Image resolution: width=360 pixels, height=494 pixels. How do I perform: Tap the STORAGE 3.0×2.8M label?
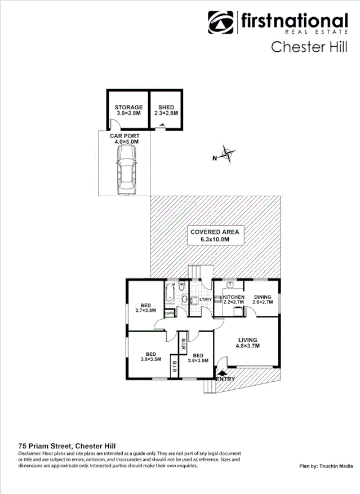point(128,110)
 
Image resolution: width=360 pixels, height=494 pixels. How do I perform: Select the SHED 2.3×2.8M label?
point(166,110)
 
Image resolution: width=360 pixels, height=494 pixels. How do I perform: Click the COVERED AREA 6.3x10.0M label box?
point(215,236)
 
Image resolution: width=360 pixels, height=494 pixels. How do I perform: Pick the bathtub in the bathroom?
point(170,294)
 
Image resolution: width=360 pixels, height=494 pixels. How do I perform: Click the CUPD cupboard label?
point(169,312)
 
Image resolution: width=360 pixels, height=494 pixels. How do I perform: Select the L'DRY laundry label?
point(205,299)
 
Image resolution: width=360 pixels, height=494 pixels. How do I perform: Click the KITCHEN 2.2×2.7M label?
point(233,299)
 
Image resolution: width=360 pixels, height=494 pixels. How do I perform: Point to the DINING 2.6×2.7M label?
point(263,299)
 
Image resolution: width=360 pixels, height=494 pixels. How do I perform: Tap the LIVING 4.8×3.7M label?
point(247,342)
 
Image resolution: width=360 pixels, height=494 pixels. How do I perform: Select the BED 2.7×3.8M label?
point(145,307)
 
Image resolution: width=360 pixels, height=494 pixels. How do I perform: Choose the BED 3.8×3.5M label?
point(150,356)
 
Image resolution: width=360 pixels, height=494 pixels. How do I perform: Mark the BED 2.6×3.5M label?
point(198,356)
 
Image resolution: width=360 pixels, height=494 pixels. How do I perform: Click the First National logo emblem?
point(221,23)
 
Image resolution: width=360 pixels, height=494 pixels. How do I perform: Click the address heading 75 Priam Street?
point(67,445)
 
